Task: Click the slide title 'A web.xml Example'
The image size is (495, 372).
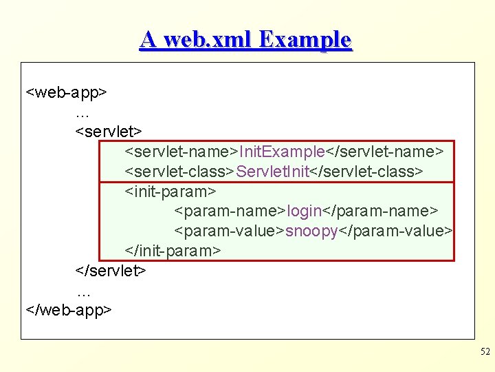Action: point(245,39)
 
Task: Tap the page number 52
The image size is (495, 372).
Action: point(485,352)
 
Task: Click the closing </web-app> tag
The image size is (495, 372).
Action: point(68,310)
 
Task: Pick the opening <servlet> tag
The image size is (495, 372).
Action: point(109,130)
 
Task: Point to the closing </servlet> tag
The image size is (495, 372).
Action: point(111,270)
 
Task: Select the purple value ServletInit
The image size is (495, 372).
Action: point(273,170)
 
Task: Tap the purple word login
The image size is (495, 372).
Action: point(305,210)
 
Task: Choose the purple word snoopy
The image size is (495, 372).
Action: point(311,230)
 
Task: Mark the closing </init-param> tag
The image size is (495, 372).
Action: point(173,250)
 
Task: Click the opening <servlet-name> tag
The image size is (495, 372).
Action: point(181,150)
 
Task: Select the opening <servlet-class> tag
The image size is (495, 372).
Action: point(180,170)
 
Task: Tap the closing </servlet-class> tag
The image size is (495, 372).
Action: point(366,170)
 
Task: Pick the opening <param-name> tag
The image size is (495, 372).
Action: point(230,210)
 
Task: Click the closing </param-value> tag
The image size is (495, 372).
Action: point(395,230)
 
